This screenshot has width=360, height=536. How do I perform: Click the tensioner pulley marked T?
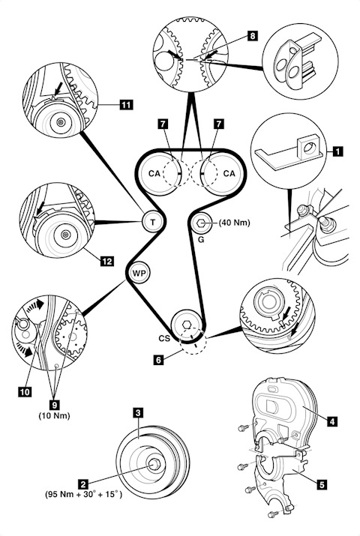point(152,222)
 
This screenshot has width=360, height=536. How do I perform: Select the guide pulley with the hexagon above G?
point(201,223)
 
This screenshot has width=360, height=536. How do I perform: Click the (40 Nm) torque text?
point(235,223)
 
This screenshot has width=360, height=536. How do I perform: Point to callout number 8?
point(252,35)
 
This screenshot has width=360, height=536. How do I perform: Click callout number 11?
point(126,104)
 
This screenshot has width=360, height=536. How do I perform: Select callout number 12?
point(107,262)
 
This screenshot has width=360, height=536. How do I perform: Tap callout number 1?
point(337,151)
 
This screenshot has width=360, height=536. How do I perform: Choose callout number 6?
point(158,360)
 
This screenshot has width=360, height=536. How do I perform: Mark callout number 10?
point(25,392)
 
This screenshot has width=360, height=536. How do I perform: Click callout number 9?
point(54,406)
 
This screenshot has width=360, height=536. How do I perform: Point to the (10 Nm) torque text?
point(54,415)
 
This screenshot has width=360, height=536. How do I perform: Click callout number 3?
point(138,413)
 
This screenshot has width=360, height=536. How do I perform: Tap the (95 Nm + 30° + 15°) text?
point(83,495)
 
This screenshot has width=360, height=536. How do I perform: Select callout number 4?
point(331,421)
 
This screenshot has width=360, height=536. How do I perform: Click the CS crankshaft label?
point(164,338)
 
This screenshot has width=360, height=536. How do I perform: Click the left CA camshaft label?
point(154,174)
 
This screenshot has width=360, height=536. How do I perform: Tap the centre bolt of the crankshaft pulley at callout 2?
point(154,464)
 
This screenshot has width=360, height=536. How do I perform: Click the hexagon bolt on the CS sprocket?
point(187,324)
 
